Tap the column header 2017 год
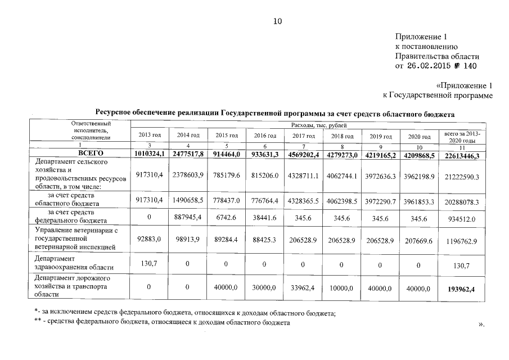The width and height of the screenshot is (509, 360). pyautogui.click(x=303, y=136)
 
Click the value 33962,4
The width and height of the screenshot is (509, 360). pyautogui.click(x=303, y=287)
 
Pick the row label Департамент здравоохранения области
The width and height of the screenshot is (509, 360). pyautogui.click(x=74, y=263)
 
